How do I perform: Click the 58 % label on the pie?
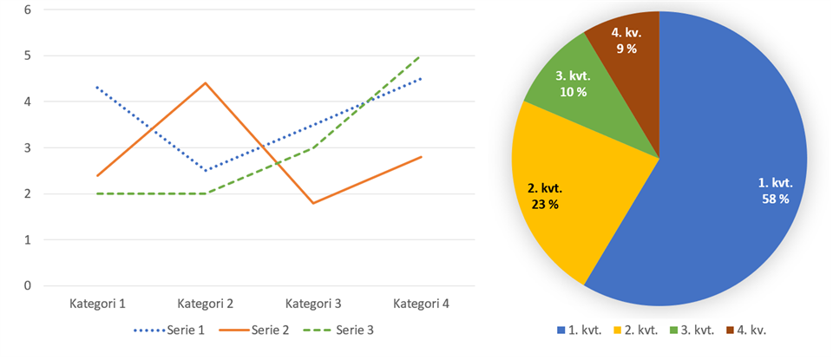tap(773, 199)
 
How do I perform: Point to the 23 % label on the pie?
tap(543, 204)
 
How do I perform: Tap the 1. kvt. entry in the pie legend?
tap(580, 330)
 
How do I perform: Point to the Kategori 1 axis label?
tap(97, 304)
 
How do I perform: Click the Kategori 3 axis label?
tap(313, 304)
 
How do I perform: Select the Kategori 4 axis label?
tap(421, 304)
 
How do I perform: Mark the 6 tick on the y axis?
tap(28, 10)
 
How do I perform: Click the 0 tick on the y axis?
tap(28, 285)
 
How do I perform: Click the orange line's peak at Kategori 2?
tap(206, 83)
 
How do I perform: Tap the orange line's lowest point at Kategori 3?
tap(313, 203)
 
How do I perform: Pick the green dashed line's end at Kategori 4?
tap(421, 56)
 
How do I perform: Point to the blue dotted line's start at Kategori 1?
tap(97, 88)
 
